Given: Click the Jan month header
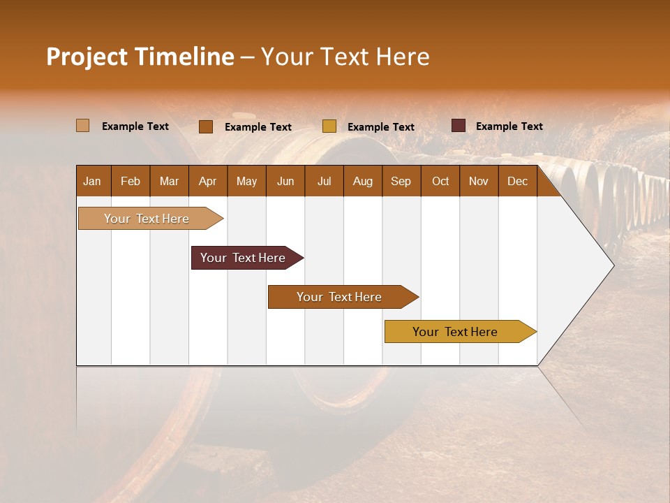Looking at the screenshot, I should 92,181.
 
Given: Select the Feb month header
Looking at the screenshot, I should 131,181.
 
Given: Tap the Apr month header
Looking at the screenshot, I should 207,181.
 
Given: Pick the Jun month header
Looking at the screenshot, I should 285,181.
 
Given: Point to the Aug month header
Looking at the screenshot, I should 362,181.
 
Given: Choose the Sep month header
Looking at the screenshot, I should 401,181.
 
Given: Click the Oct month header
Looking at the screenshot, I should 440,181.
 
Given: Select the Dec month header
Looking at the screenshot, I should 517,181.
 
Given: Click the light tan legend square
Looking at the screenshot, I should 82,126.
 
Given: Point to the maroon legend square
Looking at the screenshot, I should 458,126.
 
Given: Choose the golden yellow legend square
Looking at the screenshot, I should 329,126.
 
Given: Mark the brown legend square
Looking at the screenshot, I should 205,126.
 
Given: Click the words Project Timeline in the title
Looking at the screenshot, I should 140,57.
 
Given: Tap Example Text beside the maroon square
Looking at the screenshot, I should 509,126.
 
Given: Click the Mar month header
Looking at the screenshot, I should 169,181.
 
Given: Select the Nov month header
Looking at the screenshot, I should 478,181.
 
